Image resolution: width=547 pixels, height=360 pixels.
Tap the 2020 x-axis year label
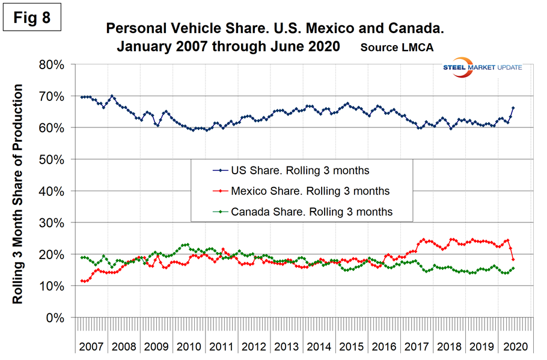pyautogui.click(x=515, y=347)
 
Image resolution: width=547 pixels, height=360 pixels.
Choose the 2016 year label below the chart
pyautogui.click(x=384, y=347)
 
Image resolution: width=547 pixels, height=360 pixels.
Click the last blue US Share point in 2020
pyautogui.click(x=513, y=108)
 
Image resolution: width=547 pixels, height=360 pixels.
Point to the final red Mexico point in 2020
pyautogui.click(x=513, y=259)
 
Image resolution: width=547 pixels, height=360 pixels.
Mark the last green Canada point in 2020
pyautogui.click(x=513, y=268)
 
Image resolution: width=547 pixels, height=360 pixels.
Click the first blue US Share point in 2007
pyautogui.click(x=81, y=97)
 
